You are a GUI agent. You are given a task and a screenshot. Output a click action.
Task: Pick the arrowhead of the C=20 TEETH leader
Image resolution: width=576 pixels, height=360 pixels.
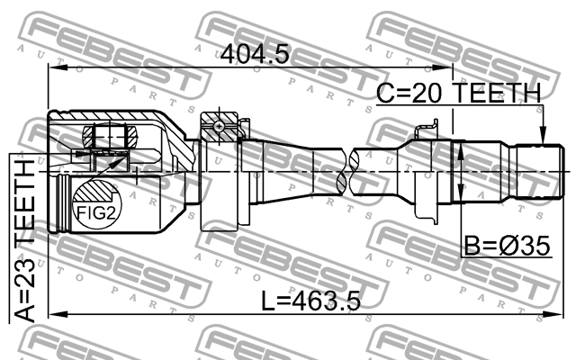[542, 139]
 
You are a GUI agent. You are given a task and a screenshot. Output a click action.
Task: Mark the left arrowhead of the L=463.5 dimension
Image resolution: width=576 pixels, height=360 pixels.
[52, 315]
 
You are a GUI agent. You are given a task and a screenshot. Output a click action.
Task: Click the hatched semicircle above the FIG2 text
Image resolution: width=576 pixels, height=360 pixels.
[94, 192]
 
